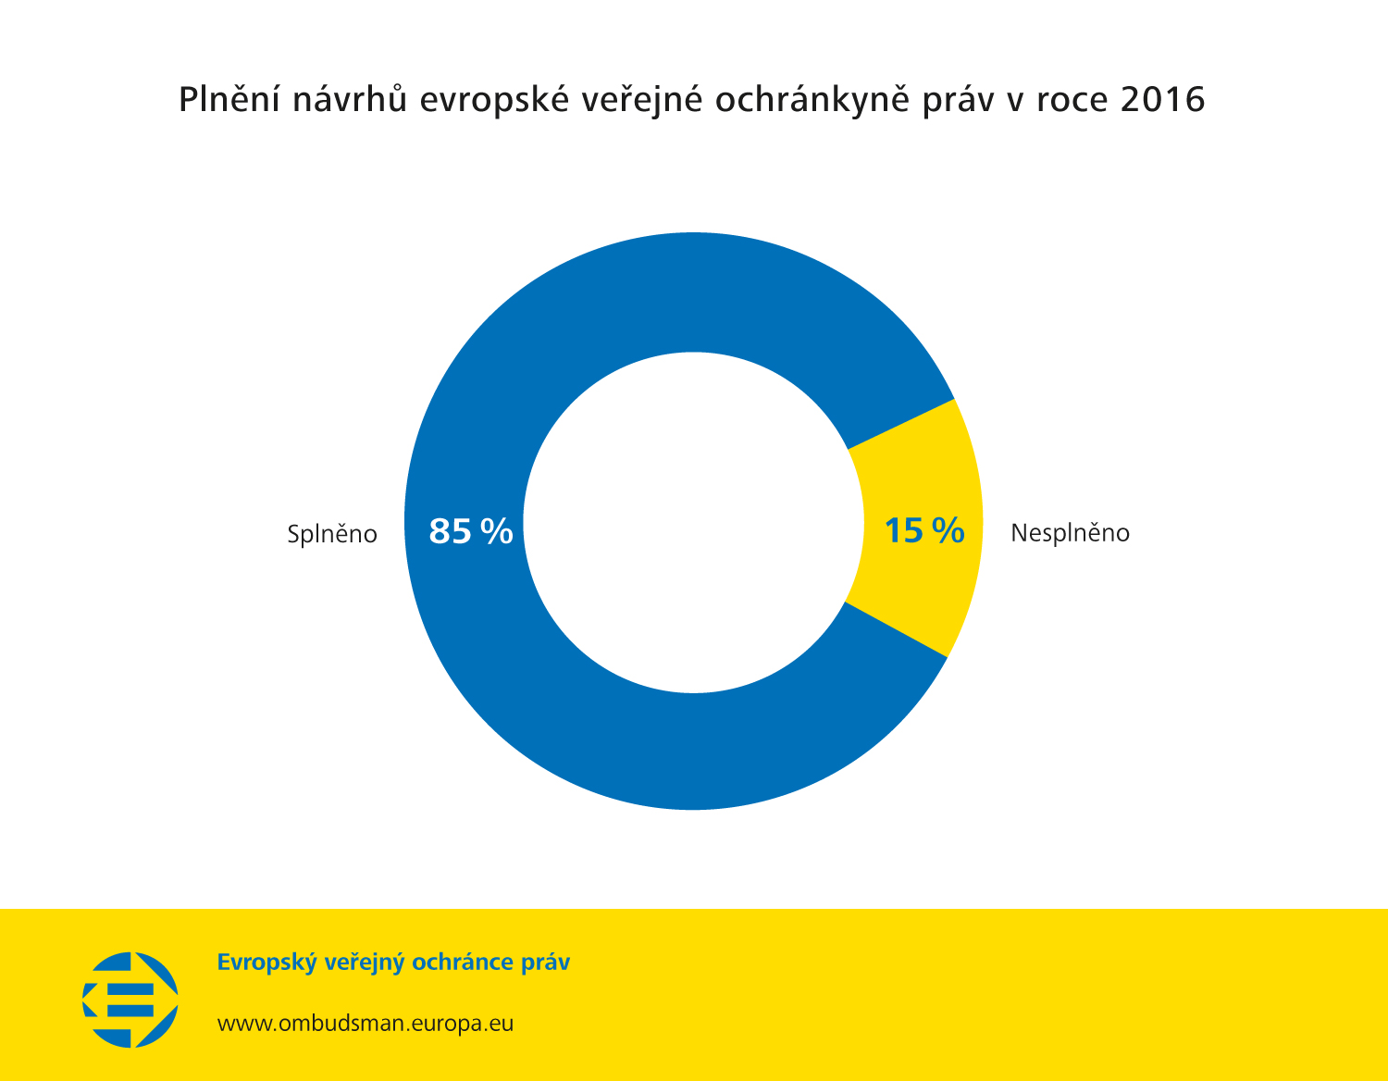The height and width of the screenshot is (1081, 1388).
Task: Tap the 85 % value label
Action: (471, 531)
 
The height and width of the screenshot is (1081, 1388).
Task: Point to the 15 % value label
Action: (923, 531)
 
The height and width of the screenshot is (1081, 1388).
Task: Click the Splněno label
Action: (332, 534)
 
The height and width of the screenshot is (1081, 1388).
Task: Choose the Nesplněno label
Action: (1070, 533)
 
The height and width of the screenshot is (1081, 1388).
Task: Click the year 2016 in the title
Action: (1162, 100)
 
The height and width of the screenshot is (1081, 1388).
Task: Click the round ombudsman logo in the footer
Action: (130, 1000)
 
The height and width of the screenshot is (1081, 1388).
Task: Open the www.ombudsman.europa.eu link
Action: (365, 1024)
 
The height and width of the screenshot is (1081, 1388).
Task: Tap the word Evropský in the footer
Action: (266, 963)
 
